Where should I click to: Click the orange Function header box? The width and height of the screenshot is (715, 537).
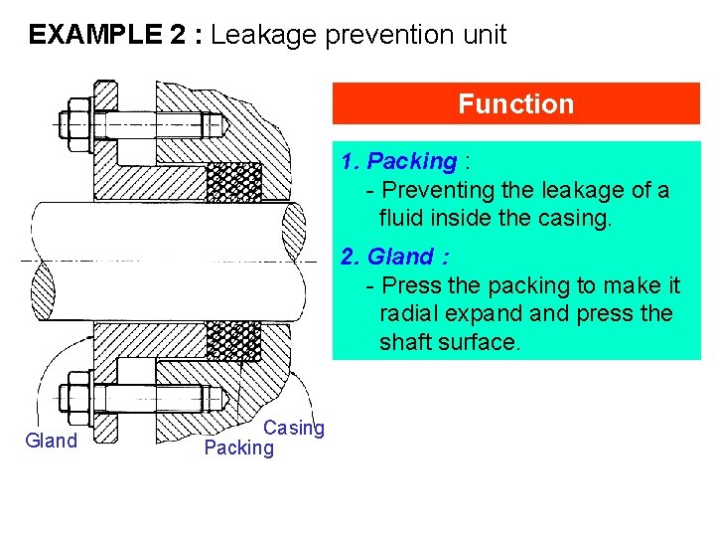(515, 103)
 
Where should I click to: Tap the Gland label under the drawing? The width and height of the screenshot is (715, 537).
(51, 442)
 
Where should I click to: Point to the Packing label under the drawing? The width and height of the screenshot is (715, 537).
(237, 447)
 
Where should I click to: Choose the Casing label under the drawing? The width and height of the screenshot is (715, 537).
(294, 428)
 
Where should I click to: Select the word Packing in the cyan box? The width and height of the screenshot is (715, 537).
(411, 161)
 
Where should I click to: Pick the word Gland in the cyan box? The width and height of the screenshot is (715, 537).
(400, 258)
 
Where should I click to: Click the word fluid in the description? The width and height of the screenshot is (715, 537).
(402, 217)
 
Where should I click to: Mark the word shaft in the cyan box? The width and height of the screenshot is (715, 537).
(406, 342)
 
